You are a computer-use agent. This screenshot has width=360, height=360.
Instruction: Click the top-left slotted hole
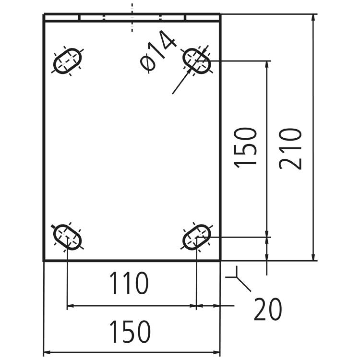point(68,61)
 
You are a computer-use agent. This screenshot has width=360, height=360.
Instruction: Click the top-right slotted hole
point(197,60)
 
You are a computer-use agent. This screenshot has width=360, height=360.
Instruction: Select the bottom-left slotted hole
point(67,237)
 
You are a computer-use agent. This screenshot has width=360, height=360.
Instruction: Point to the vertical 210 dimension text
point(291,148)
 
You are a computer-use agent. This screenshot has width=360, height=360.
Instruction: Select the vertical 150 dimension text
point(247,147)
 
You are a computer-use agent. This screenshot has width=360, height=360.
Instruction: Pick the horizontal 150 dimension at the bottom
point(130,332)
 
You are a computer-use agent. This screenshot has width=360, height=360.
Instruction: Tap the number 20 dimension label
point(267,310)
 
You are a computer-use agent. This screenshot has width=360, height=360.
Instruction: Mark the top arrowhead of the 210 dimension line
point(313,17)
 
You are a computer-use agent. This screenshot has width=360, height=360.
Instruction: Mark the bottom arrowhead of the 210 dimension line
point(313,258)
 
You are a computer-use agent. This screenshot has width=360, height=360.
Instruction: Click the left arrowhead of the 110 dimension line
point(70,305)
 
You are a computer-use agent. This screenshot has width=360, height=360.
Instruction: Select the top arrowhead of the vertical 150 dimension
point(266,64)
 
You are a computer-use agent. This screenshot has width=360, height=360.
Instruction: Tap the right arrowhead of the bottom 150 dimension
point(217,353)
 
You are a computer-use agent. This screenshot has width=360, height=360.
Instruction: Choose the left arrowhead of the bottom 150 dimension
point(47,353)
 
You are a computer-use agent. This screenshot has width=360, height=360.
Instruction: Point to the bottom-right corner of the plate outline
point(220,261)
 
